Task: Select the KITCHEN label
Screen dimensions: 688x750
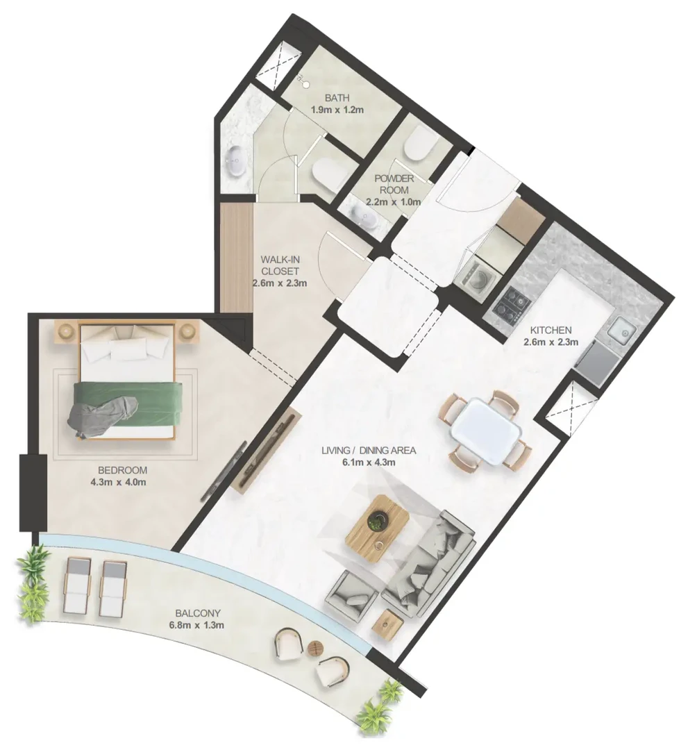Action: tap(551, 330)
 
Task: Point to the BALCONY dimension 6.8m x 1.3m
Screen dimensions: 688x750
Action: tap(197, 625)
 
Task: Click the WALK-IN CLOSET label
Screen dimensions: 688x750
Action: tap(280, 265)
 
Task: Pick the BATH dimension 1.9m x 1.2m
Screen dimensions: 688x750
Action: tap(337, 110)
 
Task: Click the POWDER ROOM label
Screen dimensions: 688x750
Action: tap(394, 184)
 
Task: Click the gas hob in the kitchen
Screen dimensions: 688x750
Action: tap(512, 304)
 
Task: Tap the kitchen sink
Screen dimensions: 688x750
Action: tap(621, 329)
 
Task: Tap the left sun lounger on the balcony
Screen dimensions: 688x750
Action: tap(76, 586)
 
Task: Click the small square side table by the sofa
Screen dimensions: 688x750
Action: tap(388, 625)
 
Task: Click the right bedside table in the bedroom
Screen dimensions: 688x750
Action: tap(189, 332)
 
